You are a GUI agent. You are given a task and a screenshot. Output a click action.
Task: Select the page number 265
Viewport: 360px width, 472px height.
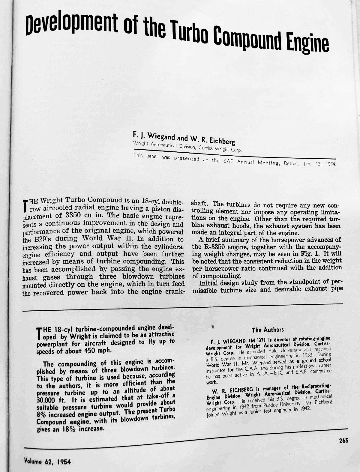click(343, 441)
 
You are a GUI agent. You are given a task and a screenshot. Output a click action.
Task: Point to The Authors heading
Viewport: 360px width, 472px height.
click(268, 330)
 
